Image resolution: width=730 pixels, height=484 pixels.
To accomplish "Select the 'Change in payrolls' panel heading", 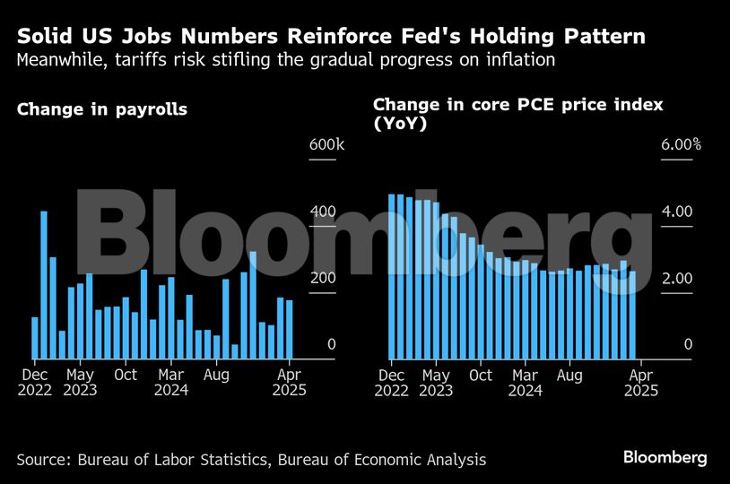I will click(102, 110).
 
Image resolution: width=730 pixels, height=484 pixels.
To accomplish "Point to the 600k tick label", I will click(321, 145).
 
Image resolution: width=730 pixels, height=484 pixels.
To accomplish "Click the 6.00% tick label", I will click(681, 145).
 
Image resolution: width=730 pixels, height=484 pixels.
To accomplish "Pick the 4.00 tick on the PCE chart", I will click(677, 212).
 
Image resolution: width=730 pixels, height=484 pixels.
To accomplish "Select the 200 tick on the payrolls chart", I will click(323, 279).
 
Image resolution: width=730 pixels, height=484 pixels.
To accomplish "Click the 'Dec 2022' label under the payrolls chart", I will click(35, 383).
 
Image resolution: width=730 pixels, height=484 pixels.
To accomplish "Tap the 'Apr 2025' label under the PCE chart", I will click(641, 383).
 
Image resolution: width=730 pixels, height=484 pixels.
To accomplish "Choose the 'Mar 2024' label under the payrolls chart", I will click(170, 383).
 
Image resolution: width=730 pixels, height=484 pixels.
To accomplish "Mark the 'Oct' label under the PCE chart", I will click(481, 375).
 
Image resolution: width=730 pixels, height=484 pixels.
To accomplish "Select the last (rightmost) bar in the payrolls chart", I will click(290, 329).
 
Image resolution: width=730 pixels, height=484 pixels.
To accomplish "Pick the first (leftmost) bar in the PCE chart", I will click(392, 276).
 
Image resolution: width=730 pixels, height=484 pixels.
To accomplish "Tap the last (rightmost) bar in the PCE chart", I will click(632, 315).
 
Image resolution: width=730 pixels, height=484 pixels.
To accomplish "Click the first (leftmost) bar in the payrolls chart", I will click(35, 338).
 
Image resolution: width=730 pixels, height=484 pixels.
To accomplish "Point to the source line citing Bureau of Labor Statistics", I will click(251, 460).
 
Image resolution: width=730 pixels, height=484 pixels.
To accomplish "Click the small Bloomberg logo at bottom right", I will click(665, 458).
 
